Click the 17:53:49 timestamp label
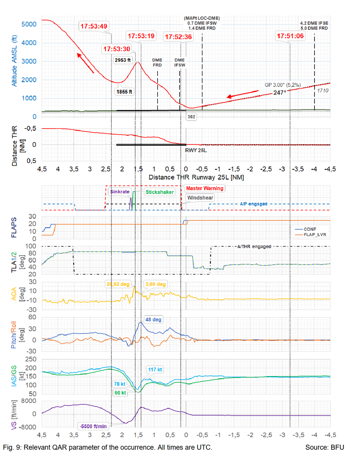[x=94, y=26]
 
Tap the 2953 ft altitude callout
[x=123, y=60]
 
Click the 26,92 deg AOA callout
[x=117, y=284]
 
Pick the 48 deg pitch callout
[x=154, y=320]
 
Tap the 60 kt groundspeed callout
[x=120, y=393]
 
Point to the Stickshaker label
[x=159, y=192]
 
